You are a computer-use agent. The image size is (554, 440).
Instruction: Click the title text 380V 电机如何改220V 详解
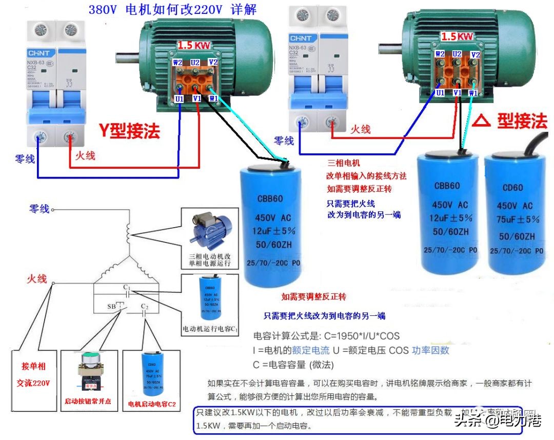tap(172, 10)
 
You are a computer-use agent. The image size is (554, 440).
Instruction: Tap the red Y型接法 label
tap(130, 131)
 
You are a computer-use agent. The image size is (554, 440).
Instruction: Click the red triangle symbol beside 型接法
tap(480, 122)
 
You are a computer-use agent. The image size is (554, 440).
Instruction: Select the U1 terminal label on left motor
tap(179, 98)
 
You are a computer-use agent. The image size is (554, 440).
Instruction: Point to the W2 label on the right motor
tap(440, 54)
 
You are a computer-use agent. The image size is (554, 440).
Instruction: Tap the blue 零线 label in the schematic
tap(39, 209)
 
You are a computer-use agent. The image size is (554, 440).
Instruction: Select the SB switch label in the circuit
tap(111, 307)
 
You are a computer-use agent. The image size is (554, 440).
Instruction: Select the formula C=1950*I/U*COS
tap(326, 336)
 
